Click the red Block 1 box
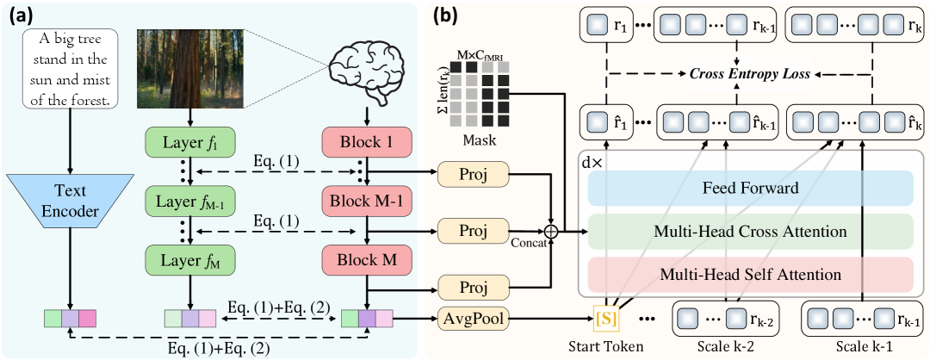pyautogui.click(x=368, y=141)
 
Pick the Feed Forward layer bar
pyautogui.click(x=749, y=188)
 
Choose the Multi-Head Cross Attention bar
pyautogui.click(x=749, y=231)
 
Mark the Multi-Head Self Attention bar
pyautogui.click(x=749, y=275)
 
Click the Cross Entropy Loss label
pyautogui.click(x=749, y=74)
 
